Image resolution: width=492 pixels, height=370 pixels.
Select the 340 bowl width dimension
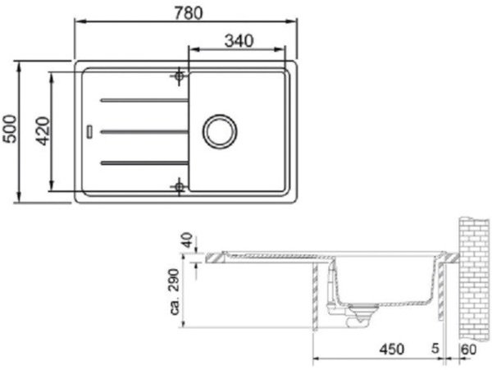tap(237, 39)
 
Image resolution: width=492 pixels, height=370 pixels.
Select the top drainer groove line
tap(143, 100)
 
